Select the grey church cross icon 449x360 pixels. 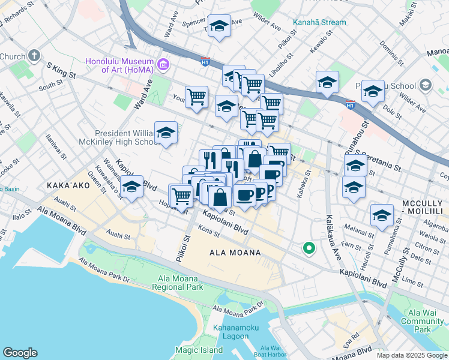tap(34, 57)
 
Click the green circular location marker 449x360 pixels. tap(309, 247)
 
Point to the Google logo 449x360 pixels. tap(20, 353)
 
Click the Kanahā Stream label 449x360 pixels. tap(319, 23)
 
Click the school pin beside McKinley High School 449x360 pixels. tap(166, 133)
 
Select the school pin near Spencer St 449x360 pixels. tap(219, 26)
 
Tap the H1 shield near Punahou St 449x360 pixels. tap(349, 106)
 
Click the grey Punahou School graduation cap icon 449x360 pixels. tap(426, 85)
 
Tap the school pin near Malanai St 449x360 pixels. tap(382, 215)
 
